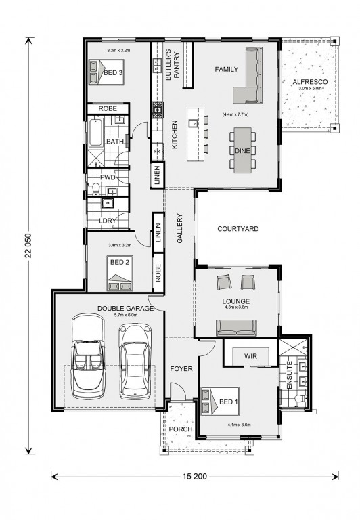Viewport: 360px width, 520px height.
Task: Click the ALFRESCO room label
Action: tap(309, 83)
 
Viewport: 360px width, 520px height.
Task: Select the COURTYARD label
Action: tap(238, 230)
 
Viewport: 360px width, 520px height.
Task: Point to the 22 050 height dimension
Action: tap(28, 244)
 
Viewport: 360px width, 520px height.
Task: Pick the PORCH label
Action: tap(181, 430)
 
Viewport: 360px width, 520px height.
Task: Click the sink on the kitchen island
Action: tap(194, 123)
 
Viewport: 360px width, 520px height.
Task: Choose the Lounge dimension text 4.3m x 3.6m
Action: tap(235, 308)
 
